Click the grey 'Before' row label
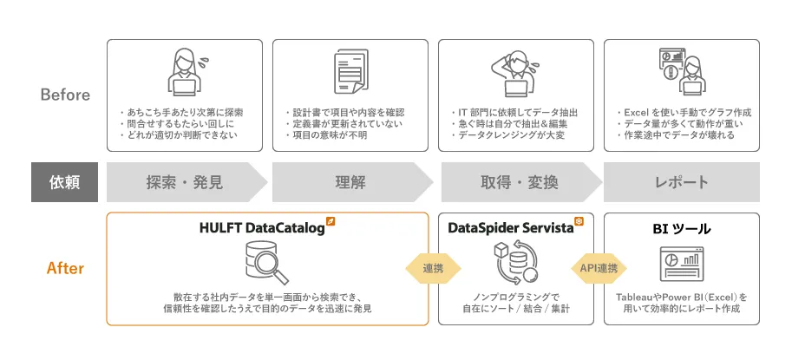[65, 95]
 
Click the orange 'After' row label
[65, 268]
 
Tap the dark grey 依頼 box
[65, 182]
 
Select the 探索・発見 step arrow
[187, 182]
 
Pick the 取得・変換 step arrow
[520, 182]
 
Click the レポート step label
[682, 182]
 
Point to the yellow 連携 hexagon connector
[434, 268]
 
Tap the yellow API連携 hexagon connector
[599, 268]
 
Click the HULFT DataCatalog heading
[262, 228]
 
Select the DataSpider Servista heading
[511, 228]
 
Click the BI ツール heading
[682, 229]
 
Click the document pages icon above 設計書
[351, 71]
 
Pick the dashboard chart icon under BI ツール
[682, 264]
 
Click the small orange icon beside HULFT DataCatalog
[331, 221]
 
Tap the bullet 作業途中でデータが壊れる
[676, 135]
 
